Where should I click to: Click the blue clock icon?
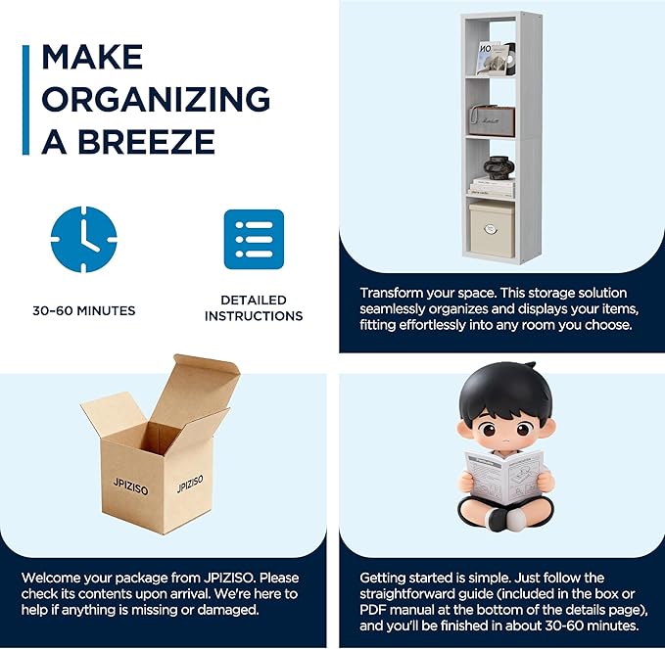click(83, 239)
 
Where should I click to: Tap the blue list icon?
click(254, 239)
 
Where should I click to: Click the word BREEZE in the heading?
click(146, 141)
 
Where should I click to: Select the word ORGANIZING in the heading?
click(156, 99)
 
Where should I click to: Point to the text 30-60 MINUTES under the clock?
click(84, 310)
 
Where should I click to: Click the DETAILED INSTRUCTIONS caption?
click(254, 307)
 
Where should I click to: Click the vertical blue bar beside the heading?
click(25, 100)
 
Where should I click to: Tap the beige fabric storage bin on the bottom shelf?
click(492, 229)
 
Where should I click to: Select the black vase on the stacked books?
click(499, 167)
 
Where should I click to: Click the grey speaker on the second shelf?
click(492, 120)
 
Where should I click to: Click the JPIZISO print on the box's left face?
click(130, 487)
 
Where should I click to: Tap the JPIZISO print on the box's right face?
click(190, 484)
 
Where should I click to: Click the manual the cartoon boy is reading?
click(504, 477)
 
